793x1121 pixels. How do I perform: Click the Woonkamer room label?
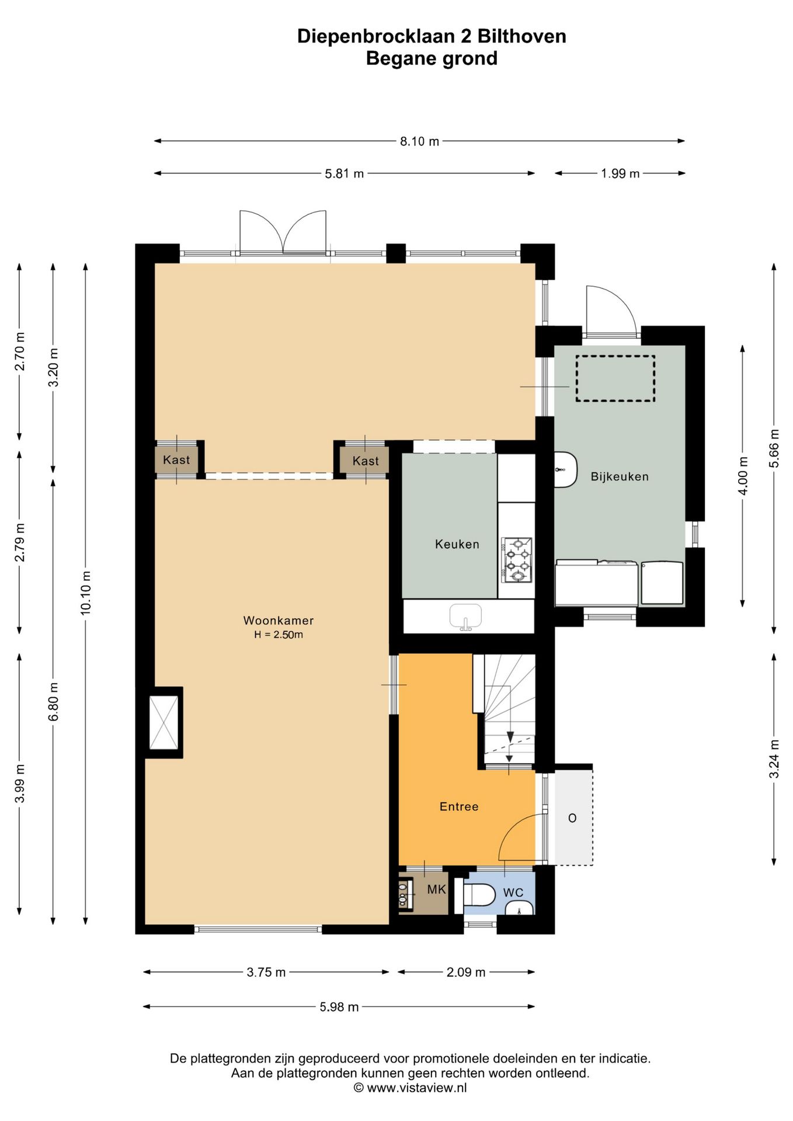[x=279, y=621]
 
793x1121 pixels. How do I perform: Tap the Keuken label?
[x=457, y=544]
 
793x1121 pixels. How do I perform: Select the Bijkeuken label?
[x=620, y=476]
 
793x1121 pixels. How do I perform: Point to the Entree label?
[x=459, y=806]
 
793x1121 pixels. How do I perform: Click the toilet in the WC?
[x=478, y=893]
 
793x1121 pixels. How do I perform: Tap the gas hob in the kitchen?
[x=517, y=560]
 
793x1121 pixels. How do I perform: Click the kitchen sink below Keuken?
[x=465, y=617]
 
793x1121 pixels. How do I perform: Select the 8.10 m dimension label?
[x=419, y=141]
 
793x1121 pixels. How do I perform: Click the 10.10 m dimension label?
[x=86, y=592]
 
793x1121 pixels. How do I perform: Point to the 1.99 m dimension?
[x=620, y=173]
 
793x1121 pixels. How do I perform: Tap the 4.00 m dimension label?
[x=743, y=475]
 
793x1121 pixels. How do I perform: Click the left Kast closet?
[x=176, y=460]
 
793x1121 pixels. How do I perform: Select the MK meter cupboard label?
[x=436, y=889]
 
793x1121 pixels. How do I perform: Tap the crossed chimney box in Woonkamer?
[x=164, y=722]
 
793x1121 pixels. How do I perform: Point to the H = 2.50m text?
[x=279, y=635]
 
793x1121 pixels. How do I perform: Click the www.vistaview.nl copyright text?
[x=410, y=1088]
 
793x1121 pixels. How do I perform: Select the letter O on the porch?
[x=572, y=818]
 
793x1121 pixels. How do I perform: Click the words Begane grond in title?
[x=432, y=58]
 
